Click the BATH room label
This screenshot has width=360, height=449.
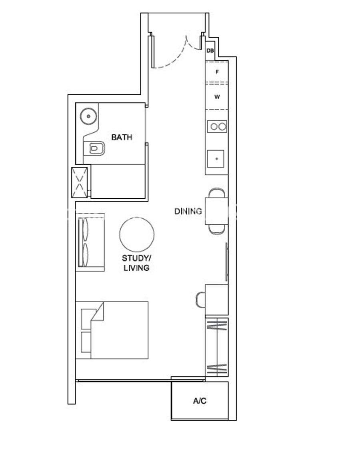click(122, 138)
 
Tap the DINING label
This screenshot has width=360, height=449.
click(188, 212)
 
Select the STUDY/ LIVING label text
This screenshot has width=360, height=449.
click(136, 263)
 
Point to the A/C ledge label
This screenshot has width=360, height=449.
click(200, 401)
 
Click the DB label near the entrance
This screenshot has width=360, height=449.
click(210, 51)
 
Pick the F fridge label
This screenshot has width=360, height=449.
click(217, 72)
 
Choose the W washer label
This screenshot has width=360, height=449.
click(217, 97)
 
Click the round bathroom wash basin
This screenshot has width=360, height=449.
click(88, 116)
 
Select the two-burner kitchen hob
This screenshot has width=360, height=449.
click(217, 127)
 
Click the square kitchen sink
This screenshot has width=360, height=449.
click(216, 159)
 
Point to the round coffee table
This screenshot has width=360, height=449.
click(137, 234)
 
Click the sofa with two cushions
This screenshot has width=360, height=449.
click(90, 242)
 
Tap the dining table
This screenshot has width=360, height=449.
click(216, 211)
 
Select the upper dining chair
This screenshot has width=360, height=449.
click(217, 193)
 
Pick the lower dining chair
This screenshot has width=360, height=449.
click(217, 229)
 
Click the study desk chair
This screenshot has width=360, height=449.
click(201, 300)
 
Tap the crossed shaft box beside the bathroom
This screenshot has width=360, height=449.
click(79, 182)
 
